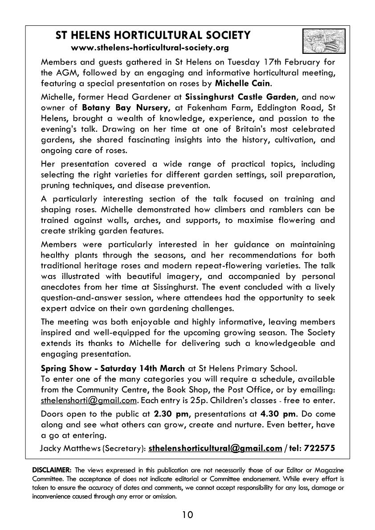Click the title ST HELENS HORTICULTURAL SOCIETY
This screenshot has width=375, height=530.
tap(153, 35)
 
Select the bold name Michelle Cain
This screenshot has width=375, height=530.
tap(243, 83)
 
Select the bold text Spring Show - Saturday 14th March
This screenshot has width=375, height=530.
tap(113, 368)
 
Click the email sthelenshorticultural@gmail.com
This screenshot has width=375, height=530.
tap(215, 448)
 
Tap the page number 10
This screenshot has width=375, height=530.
tap(187, 515)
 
